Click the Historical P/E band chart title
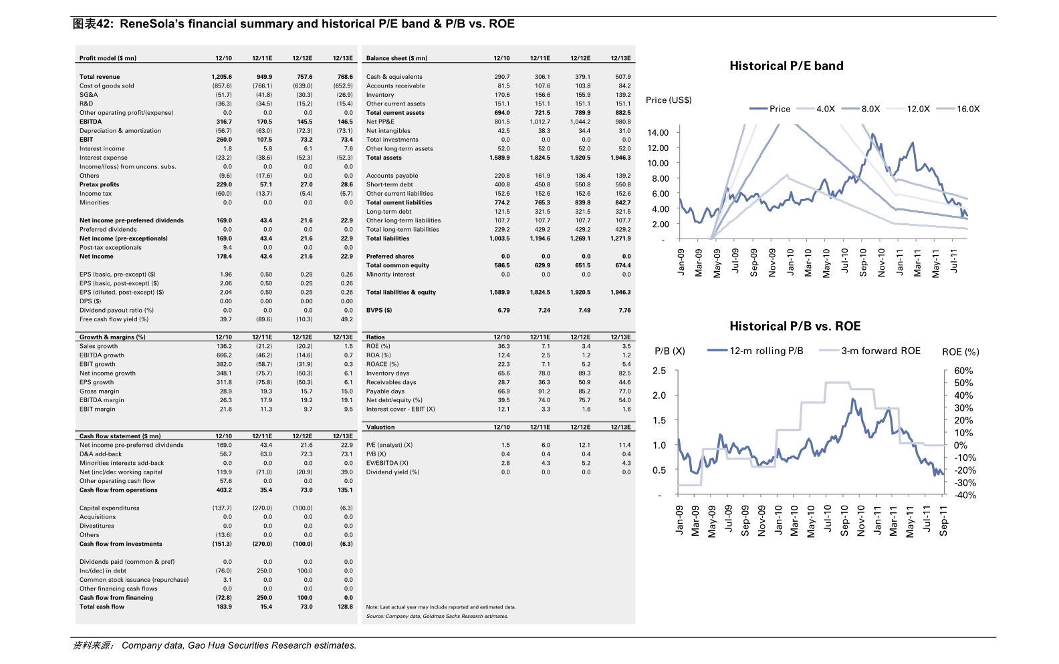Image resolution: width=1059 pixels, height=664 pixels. click(x=786, y=65)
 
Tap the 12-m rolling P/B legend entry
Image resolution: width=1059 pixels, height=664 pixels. click(x=755, y=351)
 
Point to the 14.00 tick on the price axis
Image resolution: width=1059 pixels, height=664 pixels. click(x=658, y=133)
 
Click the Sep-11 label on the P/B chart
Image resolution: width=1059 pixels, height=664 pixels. click(x=943, y=521)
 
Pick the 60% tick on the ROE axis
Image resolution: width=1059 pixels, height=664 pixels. click(x=963, y=371)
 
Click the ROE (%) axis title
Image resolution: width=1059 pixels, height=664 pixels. click(x=961, y=352)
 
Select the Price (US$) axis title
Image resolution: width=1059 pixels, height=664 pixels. click(x=669, y=100)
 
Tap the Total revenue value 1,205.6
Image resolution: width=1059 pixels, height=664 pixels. click(x=221, y=77)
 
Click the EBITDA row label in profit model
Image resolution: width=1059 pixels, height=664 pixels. click(x=90, y=122)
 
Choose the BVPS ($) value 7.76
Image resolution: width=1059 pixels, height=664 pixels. click(x=624, y=310)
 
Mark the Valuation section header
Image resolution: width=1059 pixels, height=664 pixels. click(x=380, y=427)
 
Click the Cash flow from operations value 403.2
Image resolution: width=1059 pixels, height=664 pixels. click(x=224, y=490)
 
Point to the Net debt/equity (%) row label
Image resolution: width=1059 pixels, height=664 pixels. click(x=394, y=400)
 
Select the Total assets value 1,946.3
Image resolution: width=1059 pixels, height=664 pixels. click(x=620, y=158)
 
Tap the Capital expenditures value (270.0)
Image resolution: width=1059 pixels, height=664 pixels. click(x=262, y=508)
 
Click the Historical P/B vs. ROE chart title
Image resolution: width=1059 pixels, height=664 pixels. click(x=795, y=326)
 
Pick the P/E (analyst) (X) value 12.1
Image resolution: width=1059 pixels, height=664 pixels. click(x=584, y=445)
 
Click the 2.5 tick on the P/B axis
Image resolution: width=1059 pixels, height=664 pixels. click(x=659, y=371)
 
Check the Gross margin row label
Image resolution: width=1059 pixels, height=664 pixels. click(x=99, y=391)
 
